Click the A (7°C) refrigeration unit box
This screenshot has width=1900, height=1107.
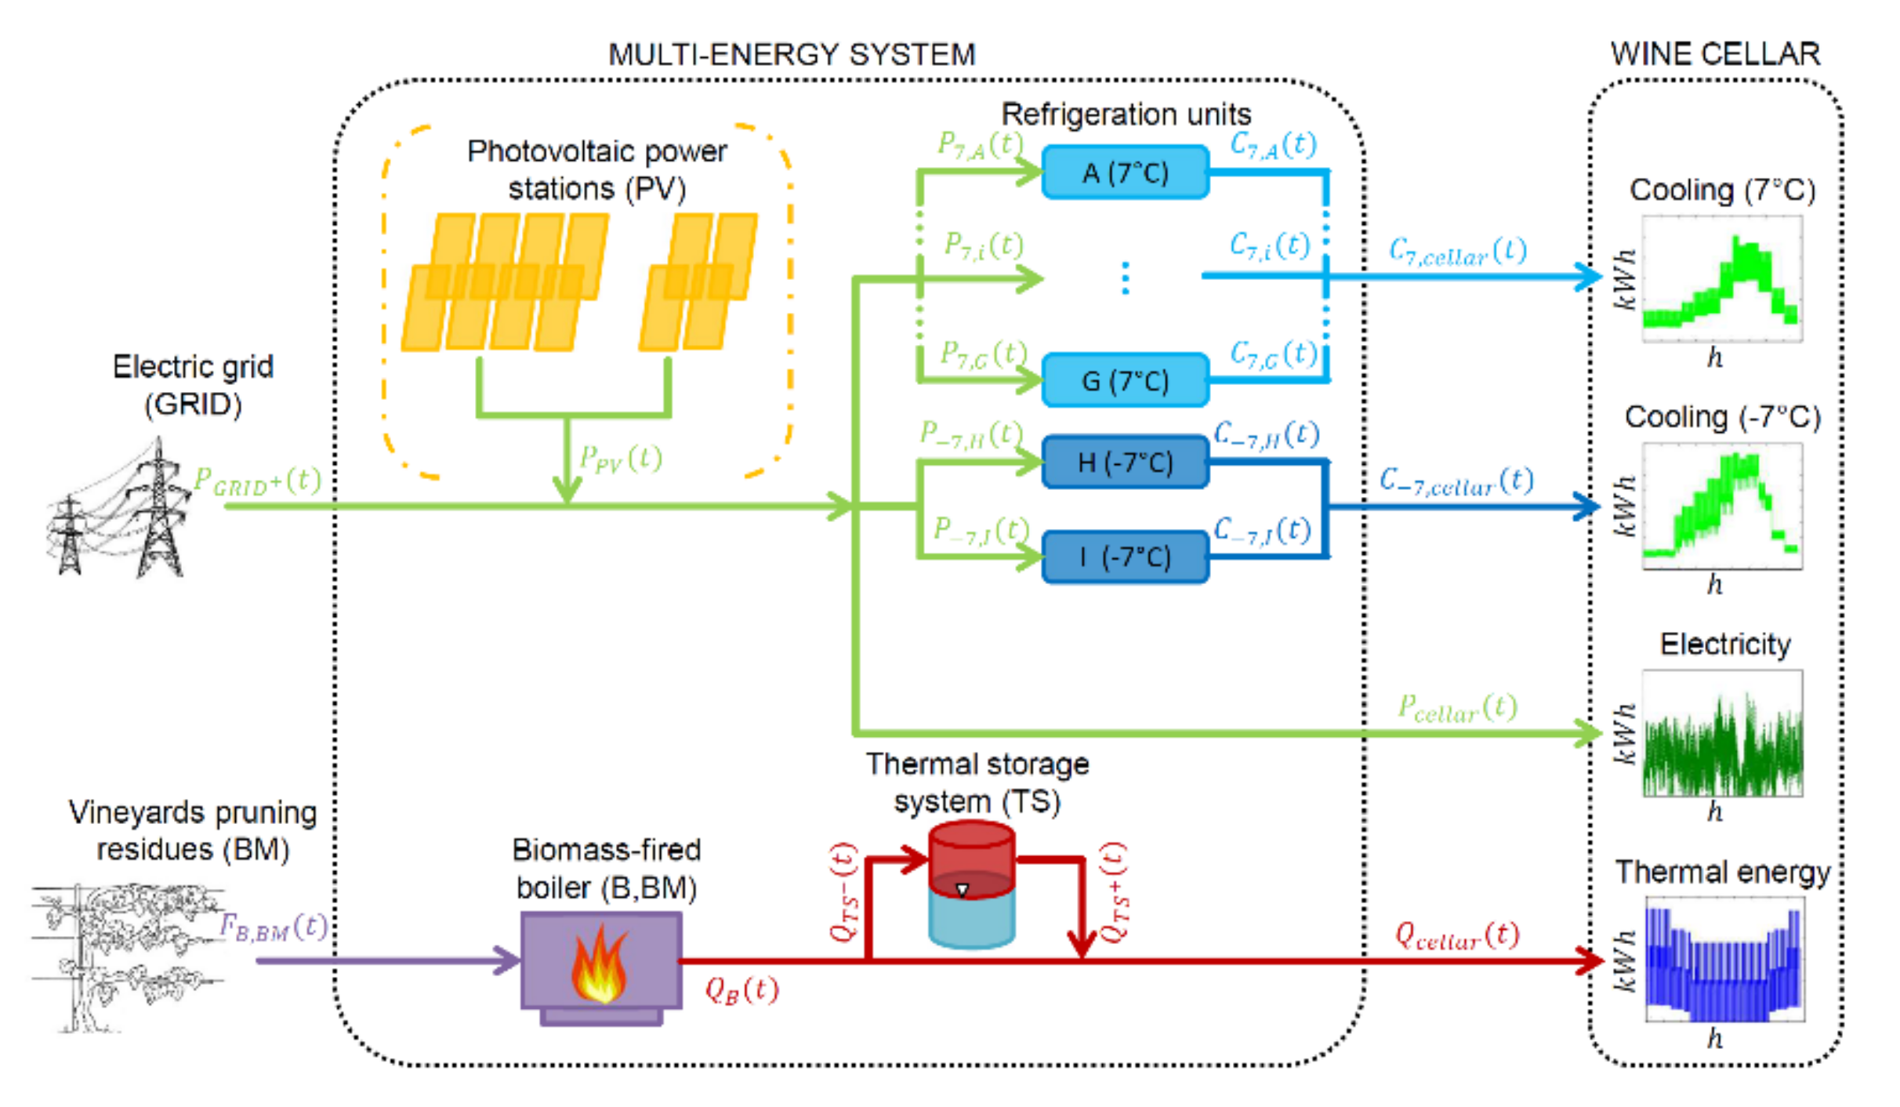[1125, 172]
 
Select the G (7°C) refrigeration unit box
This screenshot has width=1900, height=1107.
[1125, 380]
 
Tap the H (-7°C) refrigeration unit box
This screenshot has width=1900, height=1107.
[1125, 462]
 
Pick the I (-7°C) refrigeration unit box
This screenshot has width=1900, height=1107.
[1125, 557]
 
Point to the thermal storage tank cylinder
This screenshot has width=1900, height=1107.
[971, 884]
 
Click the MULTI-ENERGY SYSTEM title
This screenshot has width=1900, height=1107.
[792, 55]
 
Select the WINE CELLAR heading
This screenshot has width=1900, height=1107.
[1715, 54]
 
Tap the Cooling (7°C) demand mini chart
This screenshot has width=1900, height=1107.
[1721, 280]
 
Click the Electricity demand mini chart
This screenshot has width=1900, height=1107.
[1722, 734]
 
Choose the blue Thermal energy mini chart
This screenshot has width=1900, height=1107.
[1724, 960]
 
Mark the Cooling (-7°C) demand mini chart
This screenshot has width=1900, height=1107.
[1721, 506]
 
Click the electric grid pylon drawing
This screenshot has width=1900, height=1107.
[121, 510]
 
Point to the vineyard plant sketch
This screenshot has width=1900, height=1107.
[125, 956]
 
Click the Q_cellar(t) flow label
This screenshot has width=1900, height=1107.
[1456, 935]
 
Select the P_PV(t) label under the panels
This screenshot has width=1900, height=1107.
[620, 458]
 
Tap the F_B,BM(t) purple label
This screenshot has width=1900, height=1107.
[273, 927]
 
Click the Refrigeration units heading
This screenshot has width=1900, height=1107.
[1126, 114]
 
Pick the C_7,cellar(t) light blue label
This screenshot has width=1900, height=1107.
[1457, 252]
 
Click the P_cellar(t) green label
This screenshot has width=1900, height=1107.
[1457, 708]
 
